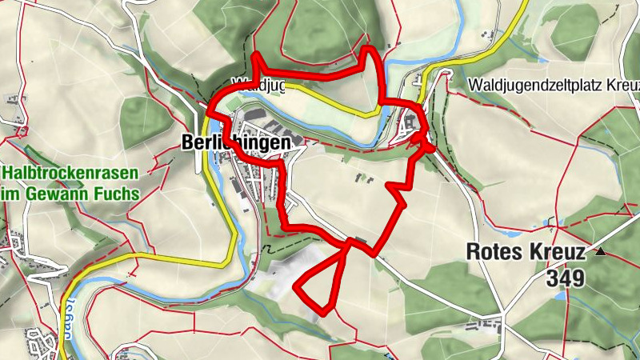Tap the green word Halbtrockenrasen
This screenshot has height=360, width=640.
click(70, 174)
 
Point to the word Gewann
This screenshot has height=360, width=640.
click(67, 194)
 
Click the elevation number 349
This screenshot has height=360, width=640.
click(566, 278)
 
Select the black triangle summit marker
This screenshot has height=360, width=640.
click(600, 253)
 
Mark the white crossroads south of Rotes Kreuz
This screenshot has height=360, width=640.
click(502, 314)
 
